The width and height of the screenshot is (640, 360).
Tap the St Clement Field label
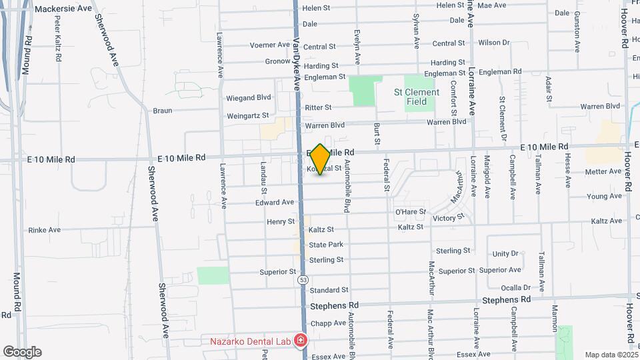(x=417, y=97)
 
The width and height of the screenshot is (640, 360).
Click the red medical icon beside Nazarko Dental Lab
(x=300, y=341)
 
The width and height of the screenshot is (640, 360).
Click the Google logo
(x=22, y=352)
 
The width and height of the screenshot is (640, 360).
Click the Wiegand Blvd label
(x=249, y=97)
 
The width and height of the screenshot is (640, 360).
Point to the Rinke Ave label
(x=45, y=230)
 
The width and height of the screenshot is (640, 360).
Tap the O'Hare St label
(x=411, y=212)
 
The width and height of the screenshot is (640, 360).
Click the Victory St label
(x=448, y=218)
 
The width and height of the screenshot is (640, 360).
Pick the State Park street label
(x=326, y=245)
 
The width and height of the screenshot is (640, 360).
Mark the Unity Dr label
(x=505, y=254)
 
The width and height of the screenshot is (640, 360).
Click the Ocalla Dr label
(x=515, y=287)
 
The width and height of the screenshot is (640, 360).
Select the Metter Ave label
(x=603, y=171)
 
